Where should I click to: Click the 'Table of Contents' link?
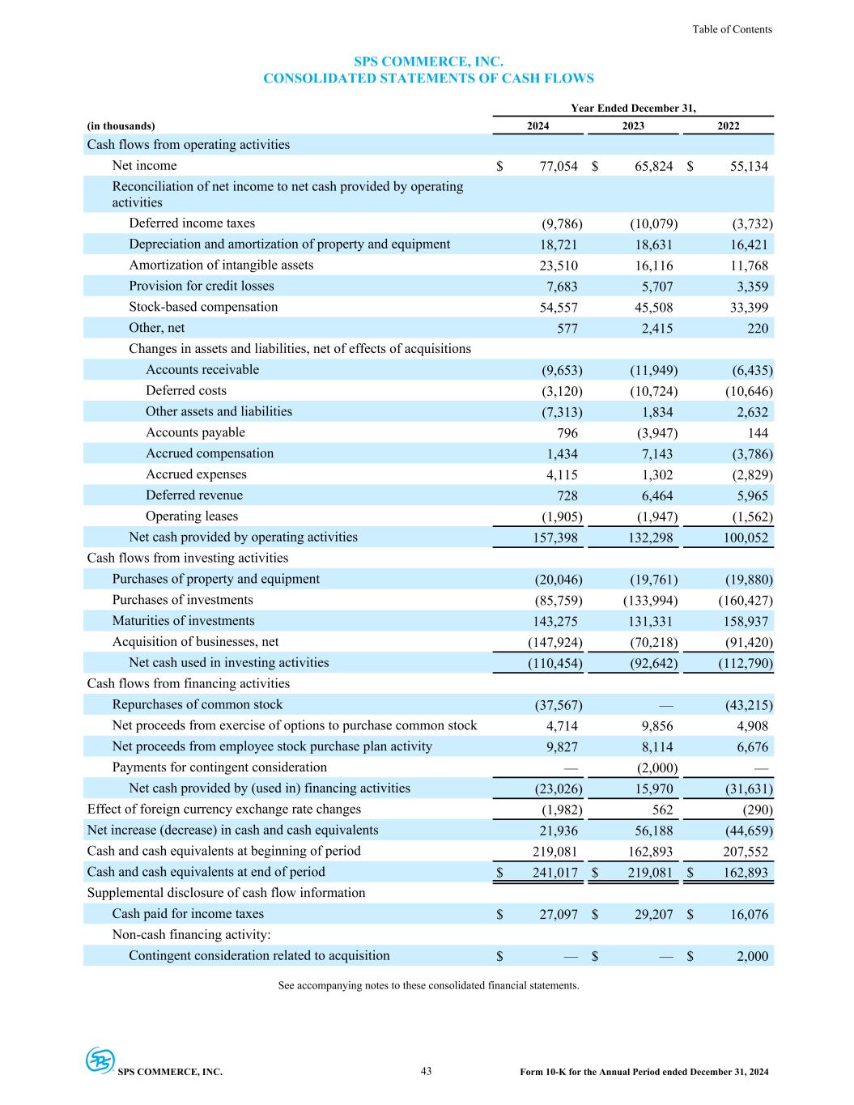pos(732,29)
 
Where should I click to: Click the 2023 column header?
pos(633,125)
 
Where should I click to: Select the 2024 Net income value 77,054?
pos(559,166)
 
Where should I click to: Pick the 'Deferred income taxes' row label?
pos(192,223)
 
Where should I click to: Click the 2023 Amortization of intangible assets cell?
pos(652,266)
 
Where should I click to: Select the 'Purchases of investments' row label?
pos(182,600)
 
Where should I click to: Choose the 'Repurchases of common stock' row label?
pos(198,704)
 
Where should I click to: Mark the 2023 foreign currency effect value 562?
pos(661,810)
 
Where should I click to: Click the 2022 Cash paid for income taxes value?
pos(749,915)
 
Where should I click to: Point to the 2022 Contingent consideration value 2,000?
pos(752,956)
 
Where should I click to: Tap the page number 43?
pos(426,1071)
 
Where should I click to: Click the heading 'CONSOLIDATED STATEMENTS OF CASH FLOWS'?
pos(428,79)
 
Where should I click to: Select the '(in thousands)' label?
pos(121,125)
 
